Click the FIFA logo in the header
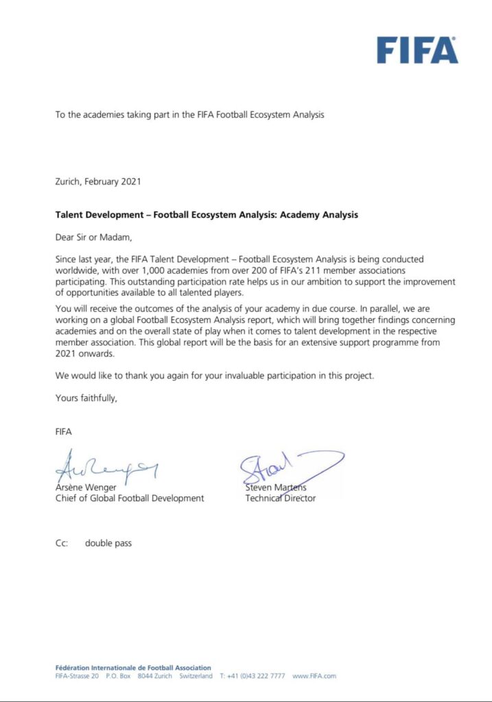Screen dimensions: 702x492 (x=417, y=50)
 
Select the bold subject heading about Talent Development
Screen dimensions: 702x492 (x=207, y=215)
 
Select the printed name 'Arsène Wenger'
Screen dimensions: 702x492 (x=85, y=487)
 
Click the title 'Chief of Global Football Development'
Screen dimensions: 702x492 (x=130, y=498)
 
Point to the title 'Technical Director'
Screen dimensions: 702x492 (x=281, y=498)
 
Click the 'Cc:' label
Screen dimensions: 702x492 (x=62, y=543)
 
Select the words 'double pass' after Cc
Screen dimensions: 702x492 (x=108, y=543)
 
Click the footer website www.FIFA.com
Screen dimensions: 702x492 (x=314, y=676)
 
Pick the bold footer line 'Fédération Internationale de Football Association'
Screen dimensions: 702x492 (x=133, y=667)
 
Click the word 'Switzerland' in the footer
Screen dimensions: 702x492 (x=196, y=676)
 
